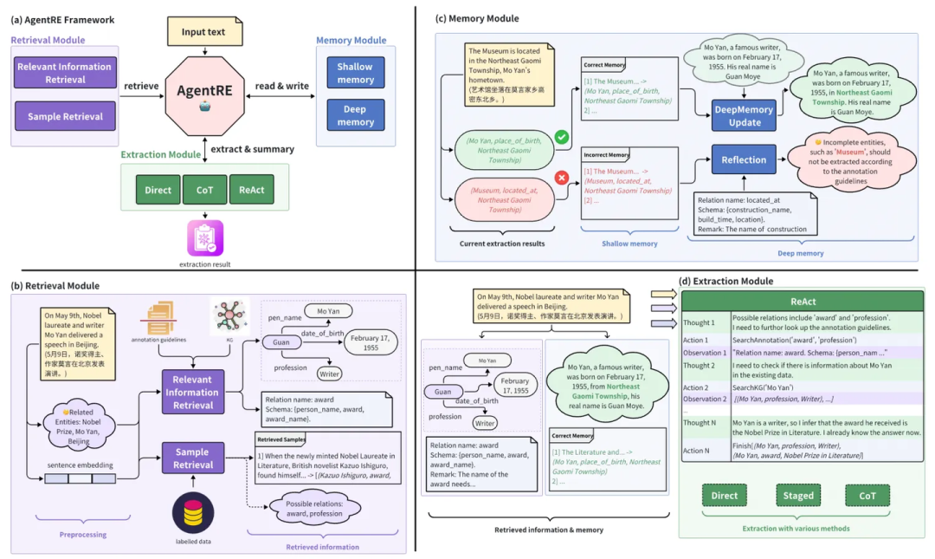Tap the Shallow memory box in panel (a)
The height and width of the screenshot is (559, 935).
(355, 73)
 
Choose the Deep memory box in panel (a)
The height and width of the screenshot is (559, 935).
(355, 116)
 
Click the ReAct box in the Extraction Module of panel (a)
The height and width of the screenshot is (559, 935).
(251, 190)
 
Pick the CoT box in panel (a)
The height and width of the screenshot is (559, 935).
(204, 190)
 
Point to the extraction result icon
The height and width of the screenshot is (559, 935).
(205, 237)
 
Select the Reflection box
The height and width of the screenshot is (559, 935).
(744, 159)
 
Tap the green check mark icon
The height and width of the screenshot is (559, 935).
(561, 137)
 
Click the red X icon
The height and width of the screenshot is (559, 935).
(561, 178)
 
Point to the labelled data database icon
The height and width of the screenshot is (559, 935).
(193, 512)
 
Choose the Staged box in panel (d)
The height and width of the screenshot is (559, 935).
(798, 496)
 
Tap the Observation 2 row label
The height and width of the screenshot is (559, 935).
(705, 399)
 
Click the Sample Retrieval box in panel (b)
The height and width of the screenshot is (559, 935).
(192, 458)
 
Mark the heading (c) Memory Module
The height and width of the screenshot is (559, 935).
(476, 18)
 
